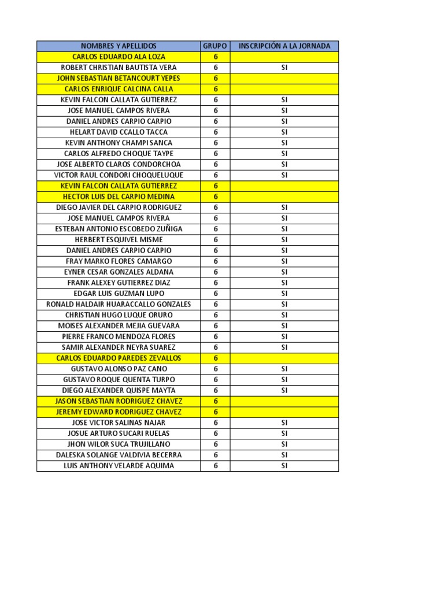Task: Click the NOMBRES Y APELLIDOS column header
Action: coord(119,46)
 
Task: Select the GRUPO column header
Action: coord(215,46)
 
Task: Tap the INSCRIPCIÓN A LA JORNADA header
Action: coord(284,46)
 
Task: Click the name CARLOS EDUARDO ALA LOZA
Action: coord(119,57)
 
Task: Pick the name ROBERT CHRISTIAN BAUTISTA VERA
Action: coord(119,68)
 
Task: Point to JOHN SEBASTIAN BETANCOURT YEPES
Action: coord(119,78)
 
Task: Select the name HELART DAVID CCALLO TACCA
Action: coord(119,132)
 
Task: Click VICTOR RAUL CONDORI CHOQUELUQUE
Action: coord(119,175)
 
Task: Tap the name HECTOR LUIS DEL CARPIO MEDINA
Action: coord(119,197)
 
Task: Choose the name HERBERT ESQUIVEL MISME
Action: coord(119,239)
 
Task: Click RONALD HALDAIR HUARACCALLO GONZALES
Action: coord(119,304)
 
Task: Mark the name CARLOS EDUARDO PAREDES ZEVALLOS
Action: coord(119,358)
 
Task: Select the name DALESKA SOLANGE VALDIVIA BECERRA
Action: coord(119,455)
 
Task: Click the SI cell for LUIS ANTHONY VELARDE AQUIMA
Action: coord(284,465)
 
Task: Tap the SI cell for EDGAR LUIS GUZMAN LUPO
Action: coord(284,293)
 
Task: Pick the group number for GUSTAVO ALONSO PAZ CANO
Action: coord(215,369)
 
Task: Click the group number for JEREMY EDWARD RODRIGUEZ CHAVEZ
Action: coord(215,412)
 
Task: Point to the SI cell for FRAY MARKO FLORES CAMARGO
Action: coord(284,261)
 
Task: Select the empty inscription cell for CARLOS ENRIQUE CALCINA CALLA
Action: coord(284,89)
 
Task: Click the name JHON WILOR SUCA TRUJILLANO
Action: coord(119,444)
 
